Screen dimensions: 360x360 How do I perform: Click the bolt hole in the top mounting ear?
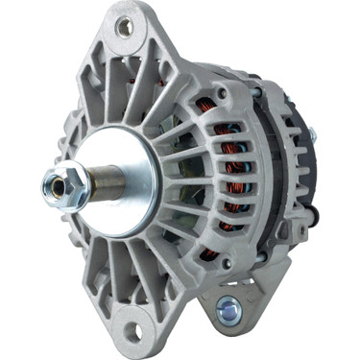pyautogui.click(x=125, y=27)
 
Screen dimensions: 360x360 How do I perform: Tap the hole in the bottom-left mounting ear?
pyautogui.click(x=133, y=331)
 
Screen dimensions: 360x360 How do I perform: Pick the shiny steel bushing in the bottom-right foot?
pyautogui.click(x=229, y=308)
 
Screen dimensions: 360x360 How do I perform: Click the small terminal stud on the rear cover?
pyautogui.click(x=313, y=135)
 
